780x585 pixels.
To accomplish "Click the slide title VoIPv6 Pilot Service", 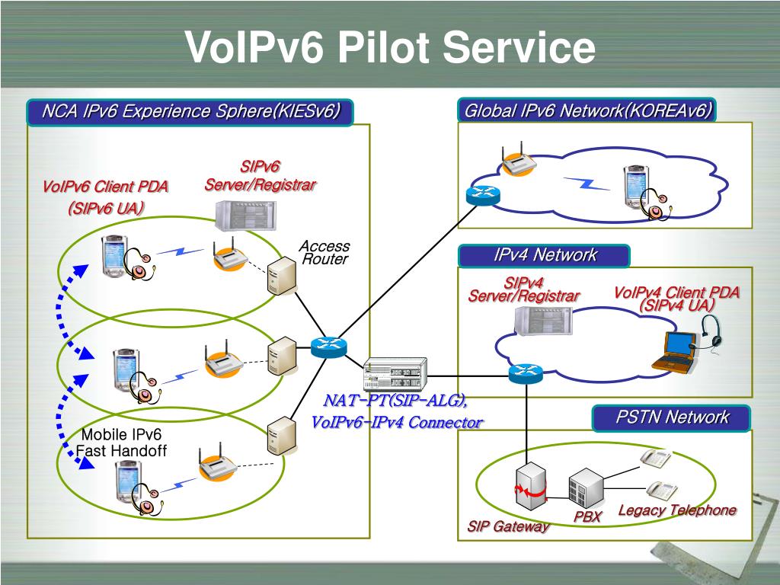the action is click(390, 46).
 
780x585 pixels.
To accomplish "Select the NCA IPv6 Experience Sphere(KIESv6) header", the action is click(190, 111).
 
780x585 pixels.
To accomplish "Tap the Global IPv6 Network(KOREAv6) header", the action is click(587, 110).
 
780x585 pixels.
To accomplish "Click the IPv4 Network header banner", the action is click(544, 255).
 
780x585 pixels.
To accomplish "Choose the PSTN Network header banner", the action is click(672, 417).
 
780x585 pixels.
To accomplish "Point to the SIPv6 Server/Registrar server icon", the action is click(245, 216).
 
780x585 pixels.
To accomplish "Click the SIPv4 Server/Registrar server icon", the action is click(542, 320).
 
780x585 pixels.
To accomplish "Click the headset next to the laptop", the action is click(711, 334).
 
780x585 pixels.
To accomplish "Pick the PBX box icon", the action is click(586, 487).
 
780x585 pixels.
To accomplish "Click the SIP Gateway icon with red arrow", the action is click(531, 486).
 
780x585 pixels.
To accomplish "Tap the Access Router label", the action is click(324, 252).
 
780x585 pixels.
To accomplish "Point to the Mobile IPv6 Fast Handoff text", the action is click(121, 443).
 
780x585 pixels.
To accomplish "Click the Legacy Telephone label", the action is click(677, 510).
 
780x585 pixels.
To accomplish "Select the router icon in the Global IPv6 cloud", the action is click(483, 195).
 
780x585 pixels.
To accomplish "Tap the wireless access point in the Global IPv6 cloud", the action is click(519, 159).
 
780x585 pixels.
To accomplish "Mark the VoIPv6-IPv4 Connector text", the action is click(396, 422).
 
